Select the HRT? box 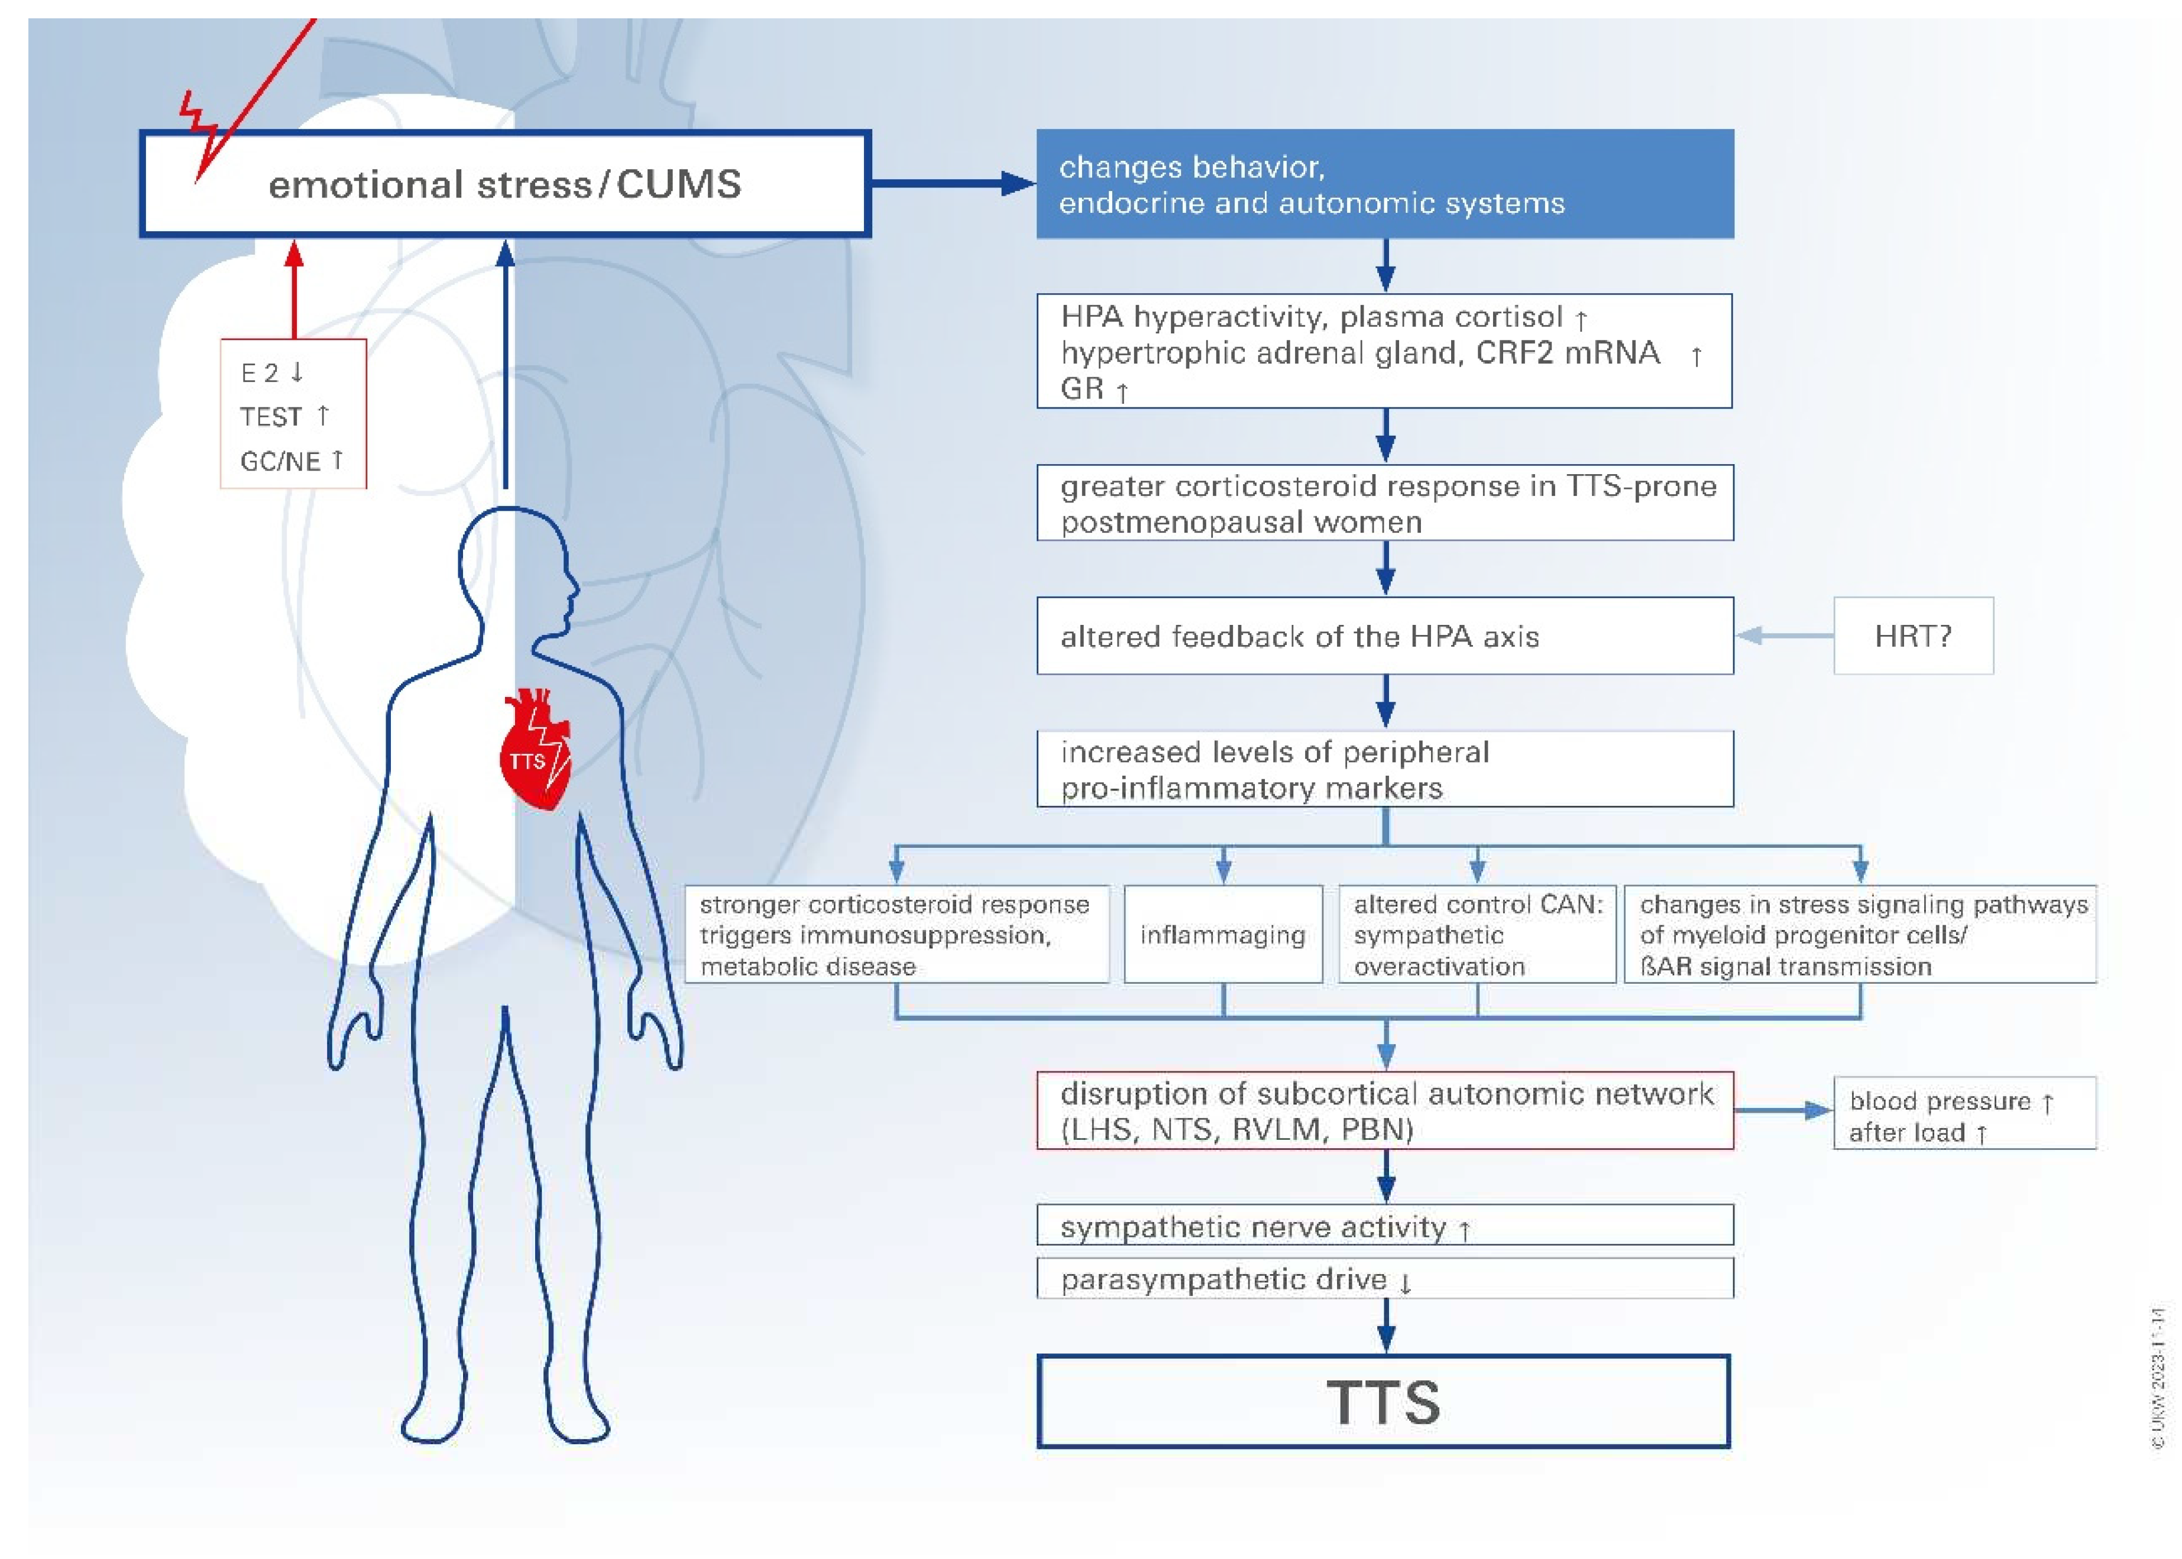pos(1912,636)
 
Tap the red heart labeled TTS pos(535,754)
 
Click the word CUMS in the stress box pos(679,184)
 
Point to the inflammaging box pos(1222,934)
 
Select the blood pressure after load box pos(1963,1114)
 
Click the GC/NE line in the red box pos(291,461)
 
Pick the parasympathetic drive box pos(1384,1279)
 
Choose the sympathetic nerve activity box pos(1384,1226)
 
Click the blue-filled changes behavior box pos(1384,184)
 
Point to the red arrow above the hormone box pos(294,288)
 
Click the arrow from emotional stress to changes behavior pos(950,183)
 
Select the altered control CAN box pos(1477,934)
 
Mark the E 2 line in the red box pos(271,372)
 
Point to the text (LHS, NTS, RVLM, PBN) pos(1236,1129)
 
